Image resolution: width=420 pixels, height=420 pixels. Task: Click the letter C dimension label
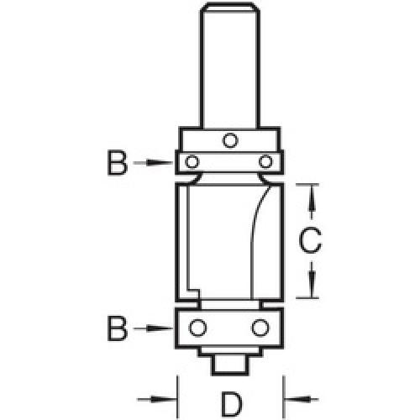coord(310,242)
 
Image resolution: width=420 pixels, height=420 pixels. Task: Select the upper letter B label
coord(118,162)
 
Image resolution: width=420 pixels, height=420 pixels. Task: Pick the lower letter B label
coord(118,328)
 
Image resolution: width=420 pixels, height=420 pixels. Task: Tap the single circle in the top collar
coord(229,139)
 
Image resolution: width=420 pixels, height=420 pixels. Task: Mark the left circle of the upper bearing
coord(194,160)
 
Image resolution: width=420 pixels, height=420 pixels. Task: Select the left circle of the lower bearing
coord(198,326)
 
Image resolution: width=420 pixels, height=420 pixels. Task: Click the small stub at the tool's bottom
coord(229,364)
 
